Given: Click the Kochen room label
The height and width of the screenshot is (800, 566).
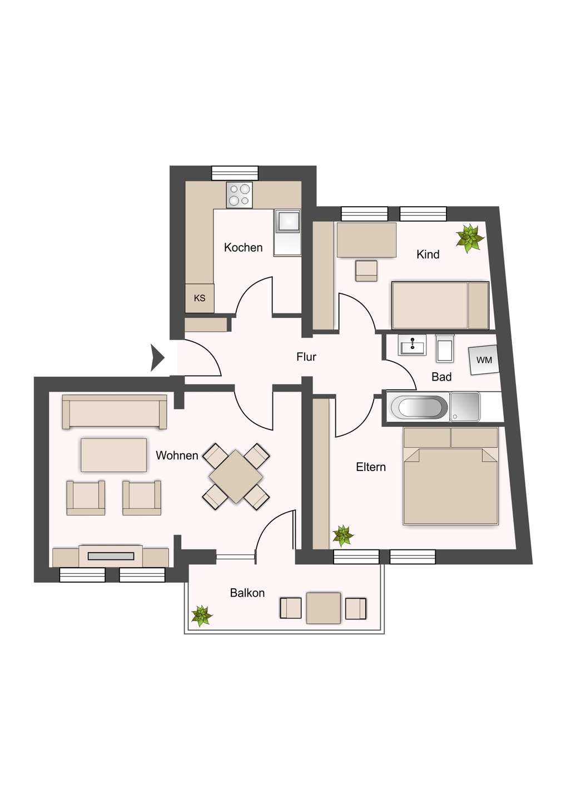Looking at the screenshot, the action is tap(243, 247).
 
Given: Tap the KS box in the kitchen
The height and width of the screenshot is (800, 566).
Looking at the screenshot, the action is tap(200, 298).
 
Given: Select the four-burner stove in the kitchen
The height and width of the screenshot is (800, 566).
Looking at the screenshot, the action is tap(239, 194).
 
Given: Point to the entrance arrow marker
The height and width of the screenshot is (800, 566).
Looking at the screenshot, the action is tap(157, 358).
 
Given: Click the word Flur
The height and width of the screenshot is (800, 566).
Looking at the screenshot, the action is tap(306, 357).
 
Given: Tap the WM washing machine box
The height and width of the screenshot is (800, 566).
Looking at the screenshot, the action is tap(484, 359).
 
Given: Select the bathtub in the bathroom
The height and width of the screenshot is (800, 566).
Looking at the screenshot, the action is tap(419, 407).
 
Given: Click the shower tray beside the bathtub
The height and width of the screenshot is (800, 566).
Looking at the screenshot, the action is tap(464, 407).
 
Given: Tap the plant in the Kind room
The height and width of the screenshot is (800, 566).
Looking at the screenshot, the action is tap(469, 238).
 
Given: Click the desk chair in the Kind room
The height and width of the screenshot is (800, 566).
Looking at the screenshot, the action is tap(366, 271).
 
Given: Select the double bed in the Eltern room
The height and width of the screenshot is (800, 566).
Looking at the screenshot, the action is tap(450, 477).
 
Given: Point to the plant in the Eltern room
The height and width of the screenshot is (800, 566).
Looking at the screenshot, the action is tap(343, 536).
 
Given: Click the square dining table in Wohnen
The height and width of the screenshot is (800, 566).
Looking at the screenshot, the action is tap(236, 477).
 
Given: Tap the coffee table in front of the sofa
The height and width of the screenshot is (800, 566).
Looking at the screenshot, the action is tap(113, 455).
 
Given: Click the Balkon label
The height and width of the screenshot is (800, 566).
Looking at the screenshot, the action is tap(247, 593).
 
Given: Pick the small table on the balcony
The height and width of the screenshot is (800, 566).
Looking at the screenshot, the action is tap(324, 608).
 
